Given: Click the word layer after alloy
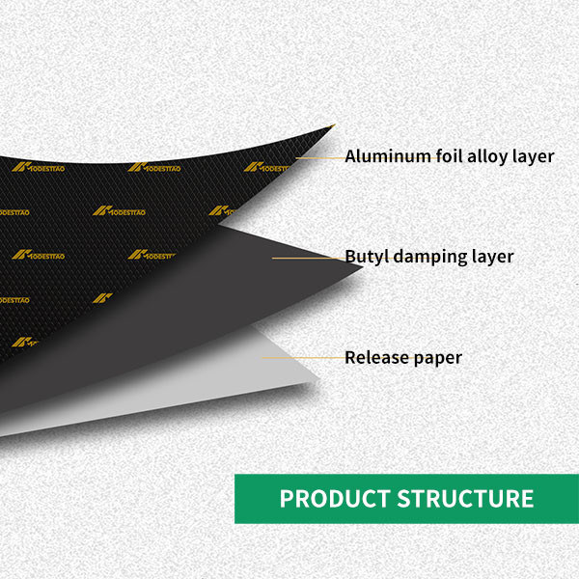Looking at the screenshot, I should [532, 156].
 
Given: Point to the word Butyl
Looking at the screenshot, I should [365, 257].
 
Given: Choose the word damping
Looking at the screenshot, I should [426, 258].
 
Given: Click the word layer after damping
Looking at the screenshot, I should [490, 258].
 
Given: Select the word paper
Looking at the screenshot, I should [437, 358].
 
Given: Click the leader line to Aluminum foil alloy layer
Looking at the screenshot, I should [318, 156].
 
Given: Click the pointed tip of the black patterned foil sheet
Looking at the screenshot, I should [333, 124].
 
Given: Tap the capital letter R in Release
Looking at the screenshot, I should [350, 357].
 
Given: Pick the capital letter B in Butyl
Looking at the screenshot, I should [350, 257].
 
